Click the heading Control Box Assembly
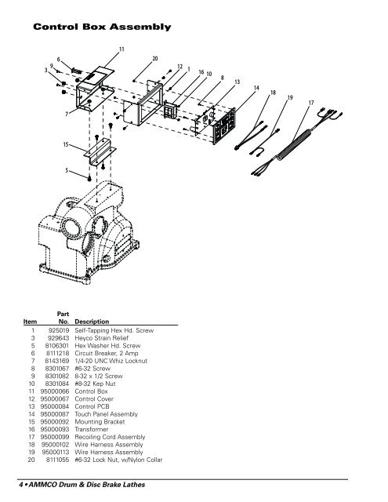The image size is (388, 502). (x=100, y=28)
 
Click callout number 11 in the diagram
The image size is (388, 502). (x=121, y=49)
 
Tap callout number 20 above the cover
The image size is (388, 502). (x=155, y=59)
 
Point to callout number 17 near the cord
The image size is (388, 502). (x=311, y=103)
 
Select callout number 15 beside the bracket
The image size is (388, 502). (x=67, y=145)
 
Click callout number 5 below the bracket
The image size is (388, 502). (x=67, y=169)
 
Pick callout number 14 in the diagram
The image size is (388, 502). (x=257, y=88)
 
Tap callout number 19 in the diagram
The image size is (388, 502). (x=289, y=98)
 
